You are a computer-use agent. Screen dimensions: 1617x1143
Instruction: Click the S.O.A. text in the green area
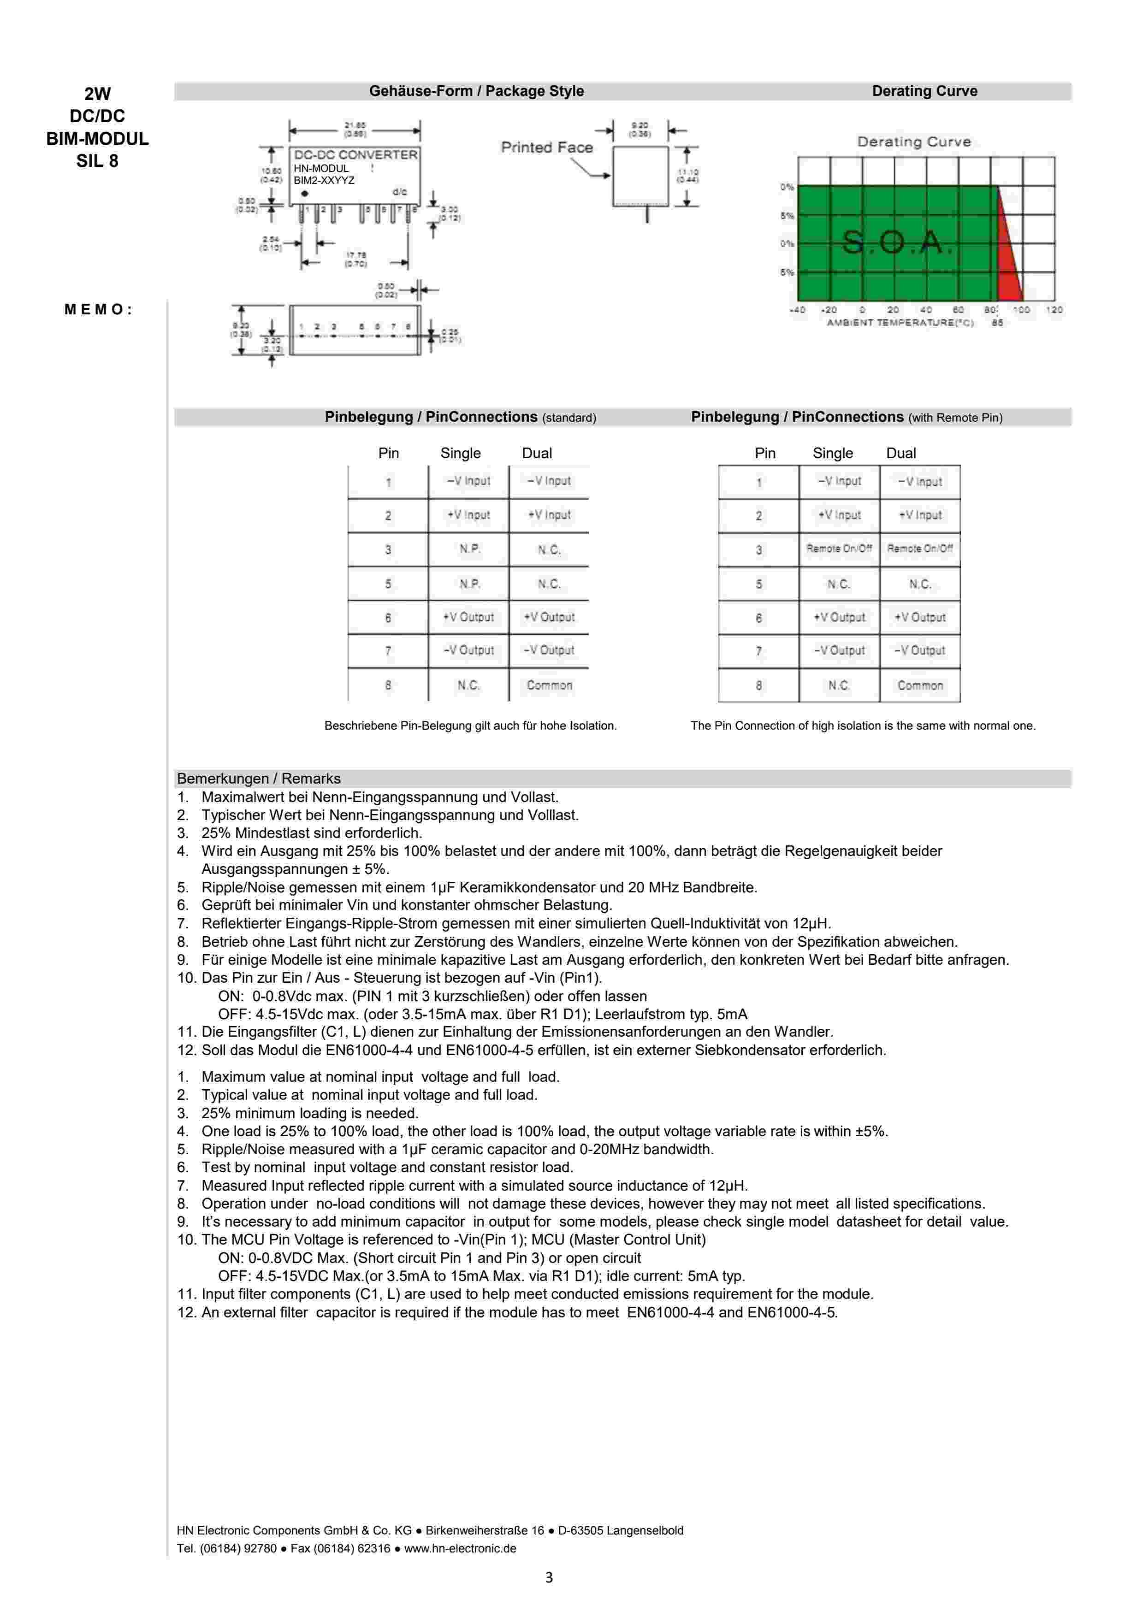[896, 242]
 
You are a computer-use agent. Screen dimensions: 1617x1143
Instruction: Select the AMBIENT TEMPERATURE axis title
[900, 323]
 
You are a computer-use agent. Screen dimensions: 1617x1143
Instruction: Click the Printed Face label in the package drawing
[546, 147]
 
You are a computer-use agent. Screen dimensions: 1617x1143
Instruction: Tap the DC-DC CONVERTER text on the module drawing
[355, 155]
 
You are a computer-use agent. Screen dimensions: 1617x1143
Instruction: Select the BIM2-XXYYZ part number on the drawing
[324, 180]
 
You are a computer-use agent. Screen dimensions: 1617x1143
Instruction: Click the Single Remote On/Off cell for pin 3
[839, 549]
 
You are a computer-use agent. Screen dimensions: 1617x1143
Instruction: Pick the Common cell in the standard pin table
[549, 685]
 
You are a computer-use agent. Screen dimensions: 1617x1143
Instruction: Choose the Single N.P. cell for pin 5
[469, 584]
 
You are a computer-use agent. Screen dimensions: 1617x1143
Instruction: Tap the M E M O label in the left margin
[98, 309]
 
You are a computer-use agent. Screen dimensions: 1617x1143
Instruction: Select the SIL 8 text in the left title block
[97, 161]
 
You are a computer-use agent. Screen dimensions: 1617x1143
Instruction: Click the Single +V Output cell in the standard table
[468, 617]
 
